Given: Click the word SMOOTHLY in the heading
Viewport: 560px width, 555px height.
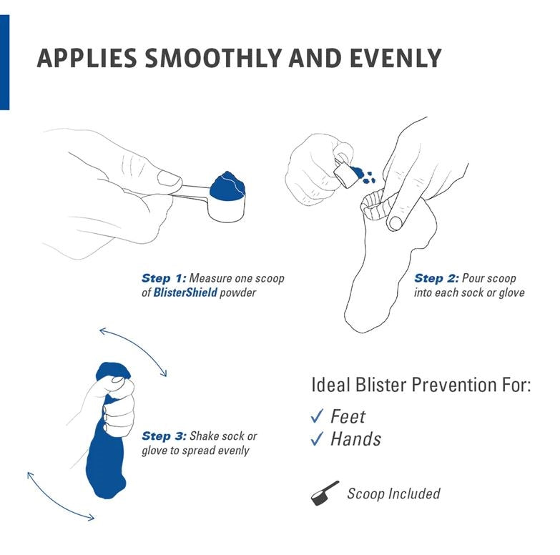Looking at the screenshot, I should click(215, 58).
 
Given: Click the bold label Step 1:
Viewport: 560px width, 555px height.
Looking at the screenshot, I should click(164, 278).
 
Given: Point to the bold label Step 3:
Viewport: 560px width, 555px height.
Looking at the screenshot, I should click(164, 436).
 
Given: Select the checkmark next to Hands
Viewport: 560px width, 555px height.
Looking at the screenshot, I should click(318, 439).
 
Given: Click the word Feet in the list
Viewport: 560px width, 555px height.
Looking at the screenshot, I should click(348, 416).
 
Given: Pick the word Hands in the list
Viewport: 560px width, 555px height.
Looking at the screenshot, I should click(355, 439).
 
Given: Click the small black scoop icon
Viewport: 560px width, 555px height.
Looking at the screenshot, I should click(325, 493).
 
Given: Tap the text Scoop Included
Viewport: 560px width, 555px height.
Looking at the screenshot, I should click(393, 493).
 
